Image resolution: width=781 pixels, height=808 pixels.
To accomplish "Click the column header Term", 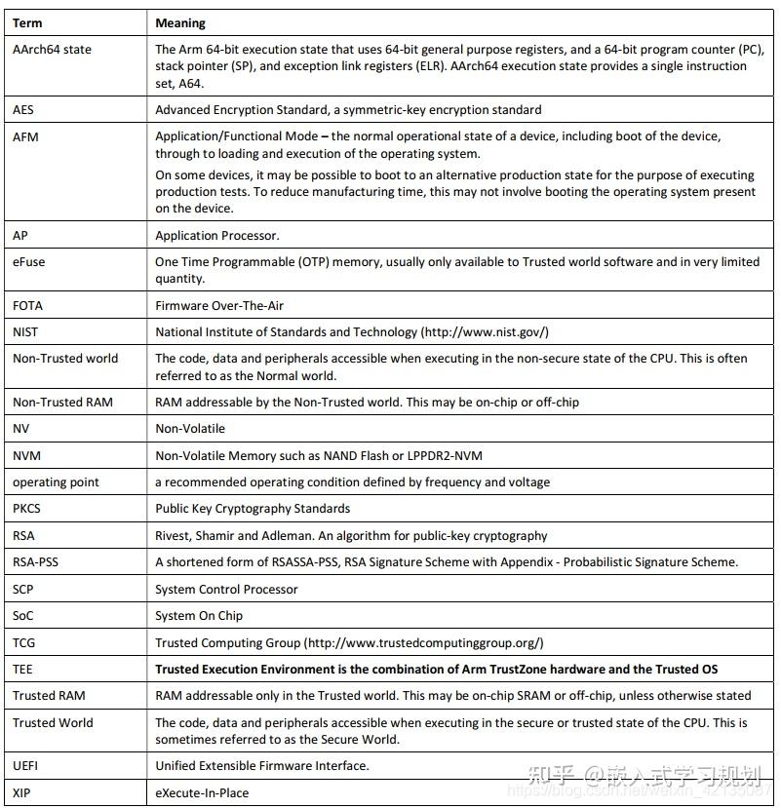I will coord(27,22).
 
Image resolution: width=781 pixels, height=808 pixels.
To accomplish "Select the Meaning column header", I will coord(180,22).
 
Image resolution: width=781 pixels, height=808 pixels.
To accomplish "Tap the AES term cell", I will coord(23,110).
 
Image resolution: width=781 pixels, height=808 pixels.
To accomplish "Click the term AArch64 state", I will coord(52,49).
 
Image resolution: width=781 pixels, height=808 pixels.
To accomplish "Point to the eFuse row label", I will coord(29,261).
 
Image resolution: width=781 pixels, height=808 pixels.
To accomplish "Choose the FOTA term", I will coord(28,305).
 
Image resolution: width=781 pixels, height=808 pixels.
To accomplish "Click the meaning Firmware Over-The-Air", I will coord(219,305).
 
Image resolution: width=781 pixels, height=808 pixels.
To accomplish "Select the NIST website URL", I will coord(485,331).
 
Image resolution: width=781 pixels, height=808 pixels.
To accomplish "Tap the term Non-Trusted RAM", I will coord(62,402).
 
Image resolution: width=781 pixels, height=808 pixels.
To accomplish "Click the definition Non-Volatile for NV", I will coord(190,428).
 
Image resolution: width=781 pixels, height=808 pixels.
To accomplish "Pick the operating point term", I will coord(56,481).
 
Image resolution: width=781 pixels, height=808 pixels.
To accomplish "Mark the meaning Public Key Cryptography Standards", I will coord(253,508).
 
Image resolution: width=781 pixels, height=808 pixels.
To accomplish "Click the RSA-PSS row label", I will coord(35,561).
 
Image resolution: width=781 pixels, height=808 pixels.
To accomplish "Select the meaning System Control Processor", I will coord(226,589).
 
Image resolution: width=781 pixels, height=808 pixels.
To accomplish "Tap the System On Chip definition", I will coord(199,615).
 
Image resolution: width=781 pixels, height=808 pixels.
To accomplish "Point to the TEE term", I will coord(22,669).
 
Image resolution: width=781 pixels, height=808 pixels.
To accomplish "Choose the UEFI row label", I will coord(24,765).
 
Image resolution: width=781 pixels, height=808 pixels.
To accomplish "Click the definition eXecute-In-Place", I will coord(202,792).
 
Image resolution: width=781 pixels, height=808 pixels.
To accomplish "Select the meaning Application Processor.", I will coord(217,235).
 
